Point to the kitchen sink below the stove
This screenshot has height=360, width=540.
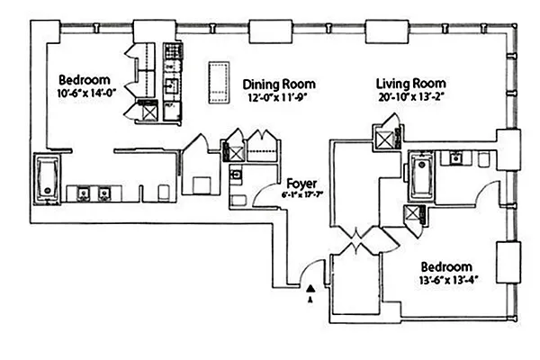169,86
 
